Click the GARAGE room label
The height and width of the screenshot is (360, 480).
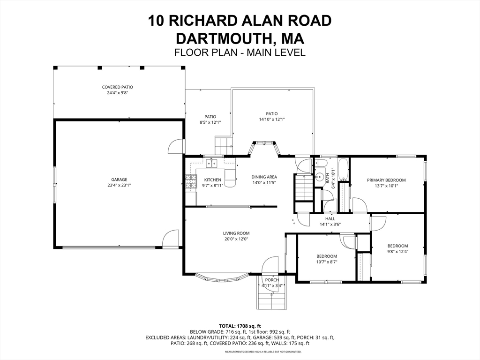coord(119,180)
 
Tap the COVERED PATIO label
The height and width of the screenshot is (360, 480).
coord(118,87)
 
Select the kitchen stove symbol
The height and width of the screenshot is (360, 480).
coord(191,182)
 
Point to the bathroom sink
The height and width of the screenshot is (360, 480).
coord(319,177)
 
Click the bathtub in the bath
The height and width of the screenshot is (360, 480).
coord(344,171)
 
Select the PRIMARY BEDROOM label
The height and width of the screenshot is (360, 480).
coord(386,180)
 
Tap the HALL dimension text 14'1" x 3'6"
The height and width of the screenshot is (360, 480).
coord(330,225)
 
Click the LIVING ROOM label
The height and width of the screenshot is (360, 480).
coord(236,233)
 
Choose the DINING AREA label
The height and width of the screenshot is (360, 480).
coord(264,177)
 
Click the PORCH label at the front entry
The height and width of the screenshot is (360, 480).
coord(272,280)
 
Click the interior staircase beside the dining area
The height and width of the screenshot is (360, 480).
coord(303,187)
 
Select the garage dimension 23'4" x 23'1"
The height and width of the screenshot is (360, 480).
coord(119,186)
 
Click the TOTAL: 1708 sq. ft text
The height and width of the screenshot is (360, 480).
coord(240,326)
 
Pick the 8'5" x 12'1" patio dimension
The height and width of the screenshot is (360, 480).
coord(210,122)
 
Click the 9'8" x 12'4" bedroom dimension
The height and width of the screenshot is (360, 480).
coord(397,252)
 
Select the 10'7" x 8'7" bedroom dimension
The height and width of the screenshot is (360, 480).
coord(326,262)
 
